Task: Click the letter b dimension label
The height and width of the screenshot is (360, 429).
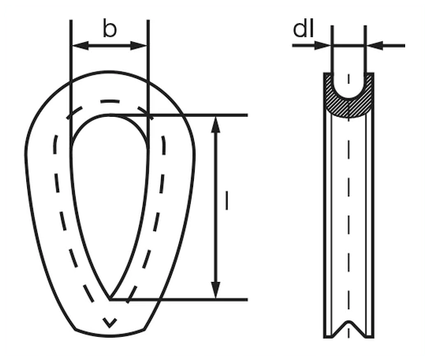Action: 109,29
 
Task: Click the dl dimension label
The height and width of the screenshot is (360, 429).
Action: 303,29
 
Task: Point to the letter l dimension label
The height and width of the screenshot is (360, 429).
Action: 227,201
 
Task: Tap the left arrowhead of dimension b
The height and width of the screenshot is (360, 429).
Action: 80,46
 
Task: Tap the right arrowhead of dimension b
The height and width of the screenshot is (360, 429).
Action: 139,46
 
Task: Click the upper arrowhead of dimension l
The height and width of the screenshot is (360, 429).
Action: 216,125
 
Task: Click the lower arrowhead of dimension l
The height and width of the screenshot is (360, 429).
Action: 216,290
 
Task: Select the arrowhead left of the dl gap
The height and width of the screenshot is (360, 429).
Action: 323,45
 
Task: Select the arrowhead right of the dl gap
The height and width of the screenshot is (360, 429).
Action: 375,45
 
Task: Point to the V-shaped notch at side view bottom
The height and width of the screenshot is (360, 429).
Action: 348,328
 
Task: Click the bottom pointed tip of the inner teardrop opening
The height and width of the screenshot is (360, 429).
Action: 110,299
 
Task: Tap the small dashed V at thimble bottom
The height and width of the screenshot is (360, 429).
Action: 109,323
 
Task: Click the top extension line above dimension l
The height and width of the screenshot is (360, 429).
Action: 178,115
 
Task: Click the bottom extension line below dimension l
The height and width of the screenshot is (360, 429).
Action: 178,300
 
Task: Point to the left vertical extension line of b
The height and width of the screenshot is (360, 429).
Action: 71,81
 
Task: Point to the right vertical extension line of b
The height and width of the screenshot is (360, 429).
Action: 148,81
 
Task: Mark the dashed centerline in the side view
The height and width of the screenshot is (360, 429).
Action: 348,205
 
